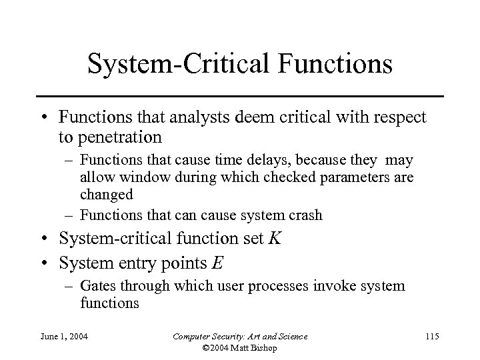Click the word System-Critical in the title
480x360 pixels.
pos(176,65)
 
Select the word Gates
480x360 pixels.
pos(96,286)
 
